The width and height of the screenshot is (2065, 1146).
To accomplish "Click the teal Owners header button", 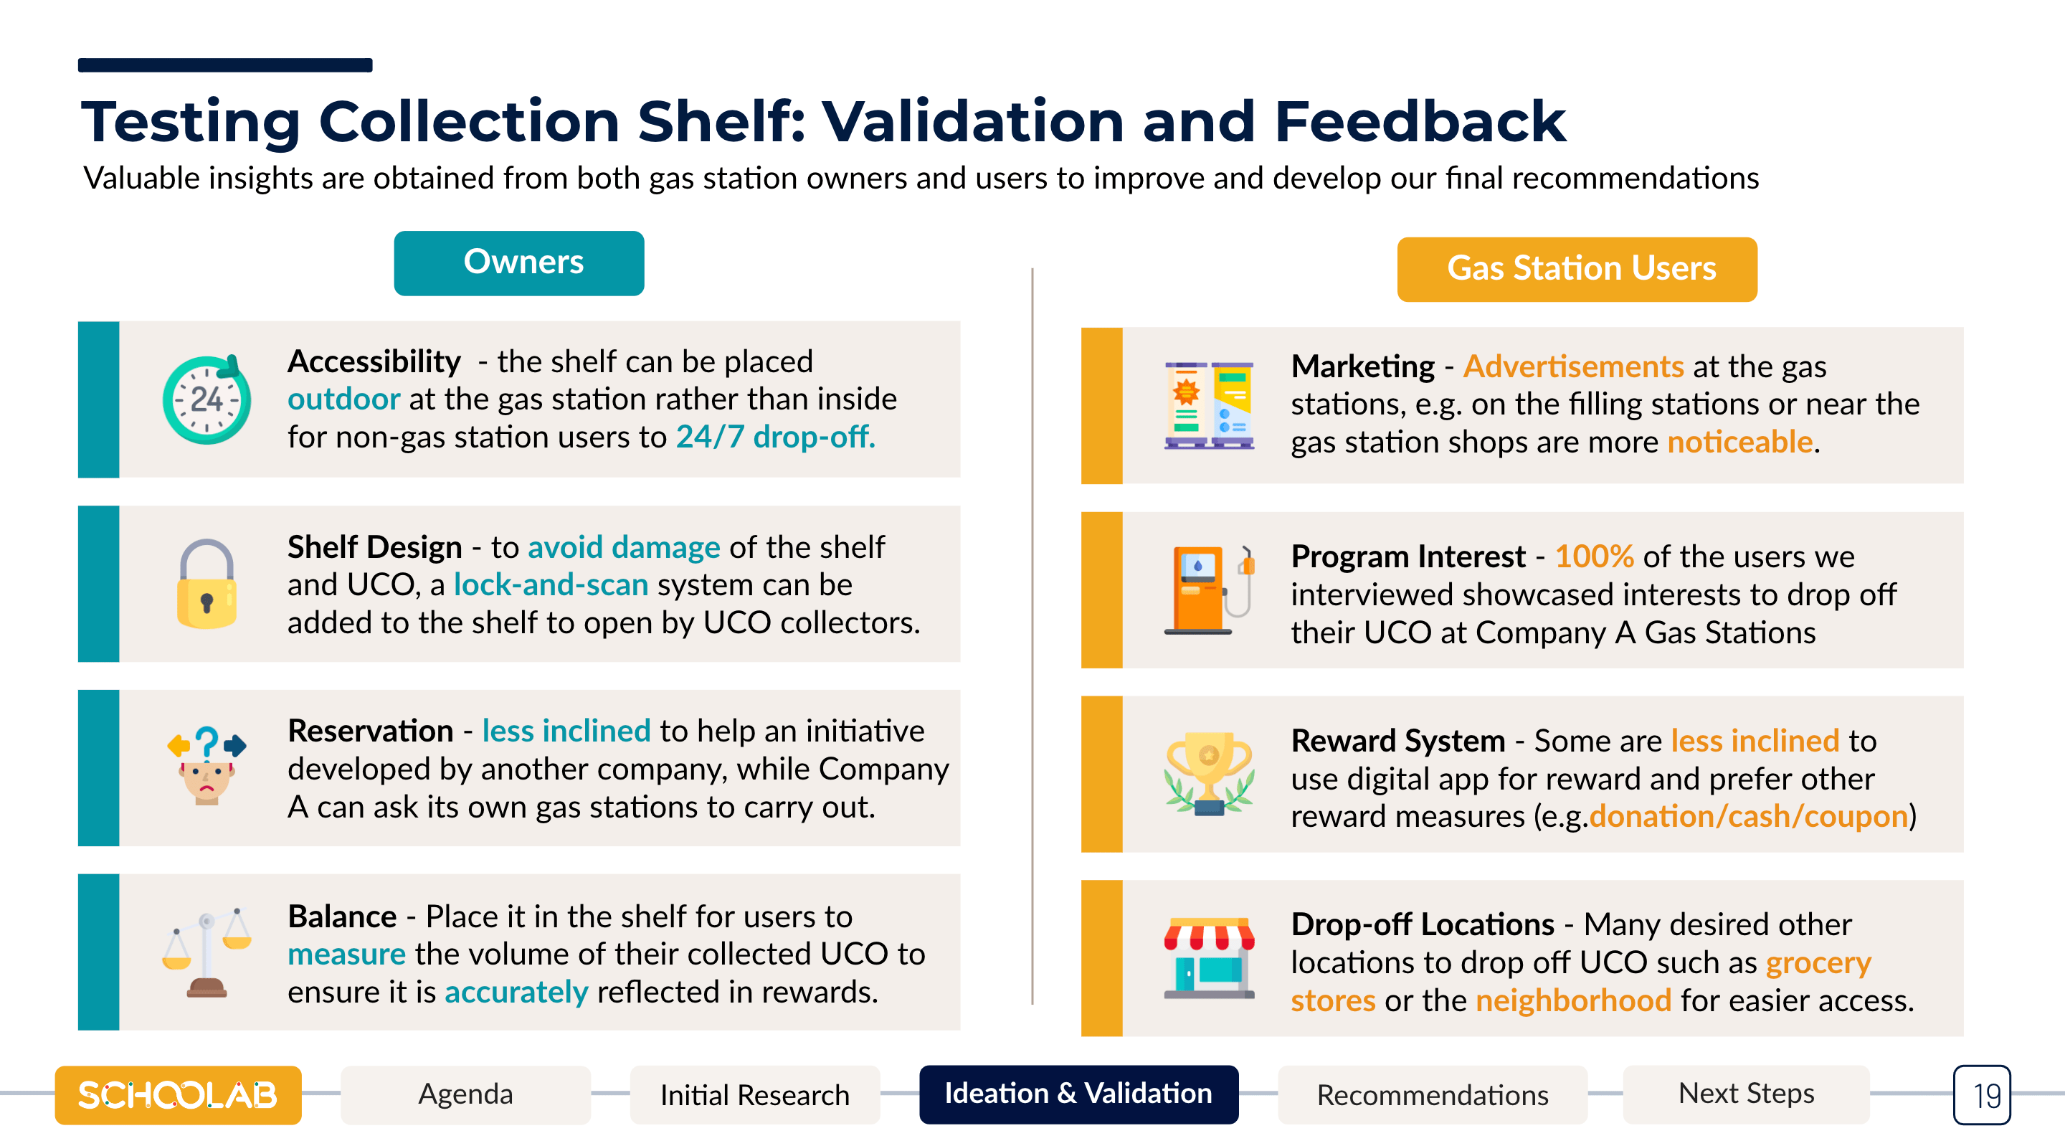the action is tap(518, 263).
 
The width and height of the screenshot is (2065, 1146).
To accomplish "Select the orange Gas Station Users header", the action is tap(1577, 269).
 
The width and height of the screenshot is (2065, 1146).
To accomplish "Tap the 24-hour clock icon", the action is tap(206, 399).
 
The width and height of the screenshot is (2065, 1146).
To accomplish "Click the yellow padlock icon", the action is tap(206, 584).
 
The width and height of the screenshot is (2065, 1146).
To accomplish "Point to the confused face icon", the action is tap(206, 766).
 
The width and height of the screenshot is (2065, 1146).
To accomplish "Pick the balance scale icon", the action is tap(206, 952).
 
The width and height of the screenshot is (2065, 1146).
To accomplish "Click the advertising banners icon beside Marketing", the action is tap(1209, 405).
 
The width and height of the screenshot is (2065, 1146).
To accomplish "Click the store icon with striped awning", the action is tap(1209, 957).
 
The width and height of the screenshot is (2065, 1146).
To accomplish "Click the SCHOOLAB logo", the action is tap(178, 1094).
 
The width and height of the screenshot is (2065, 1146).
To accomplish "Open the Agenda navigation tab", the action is tap(466, 1094).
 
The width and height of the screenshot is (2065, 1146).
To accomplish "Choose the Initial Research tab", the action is tap(754, 1094).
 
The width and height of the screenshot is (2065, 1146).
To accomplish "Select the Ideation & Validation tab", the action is tap(1079, 1094).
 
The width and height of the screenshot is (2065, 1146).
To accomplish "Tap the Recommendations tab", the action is tap(1433, 1094).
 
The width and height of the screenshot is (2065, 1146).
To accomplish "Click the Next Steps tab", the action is tap(1747, 1094).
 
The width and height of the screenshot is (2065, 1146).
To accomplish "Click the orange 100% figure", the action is tap(1595, 557).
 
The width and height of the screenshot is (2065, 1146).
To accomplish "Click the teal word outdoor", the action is tap(344, 399).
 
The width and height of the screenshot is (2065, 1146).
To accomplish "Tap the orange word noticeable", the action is tap(1740, 442).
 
